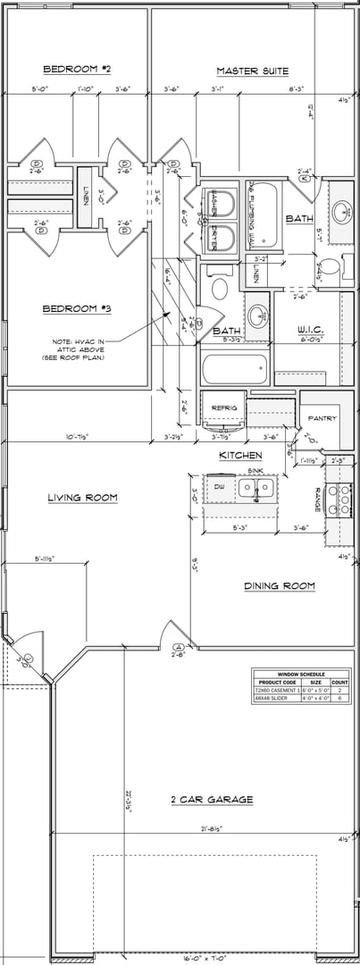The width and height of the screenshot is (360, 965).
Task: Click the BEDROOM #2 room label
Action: click(77, 69)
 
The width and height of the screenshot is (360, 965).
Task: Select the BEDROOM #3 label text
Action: click(77, 309)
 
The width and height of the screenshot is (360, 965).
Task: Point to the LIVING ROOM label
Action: click(83, 498)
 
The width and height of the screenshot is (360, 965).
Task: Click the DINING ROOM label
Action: click(280, 586)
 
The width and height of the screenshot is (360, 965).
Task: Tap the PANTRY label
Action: click(321, 418)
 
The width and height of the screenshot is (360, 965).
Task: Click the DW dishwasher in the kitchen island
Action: click(219, 487)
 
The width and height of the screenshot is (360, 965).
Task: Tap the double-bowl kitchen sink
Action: click(255, 488)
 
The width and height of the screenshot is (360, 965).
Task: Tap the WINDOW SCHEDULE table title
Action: click(301, 675)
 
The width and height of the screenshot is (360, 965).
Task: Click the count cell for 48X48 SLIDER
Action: click(345, 700)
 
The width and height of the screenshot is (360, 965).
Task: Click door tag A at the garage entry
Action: click(178, 646)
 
